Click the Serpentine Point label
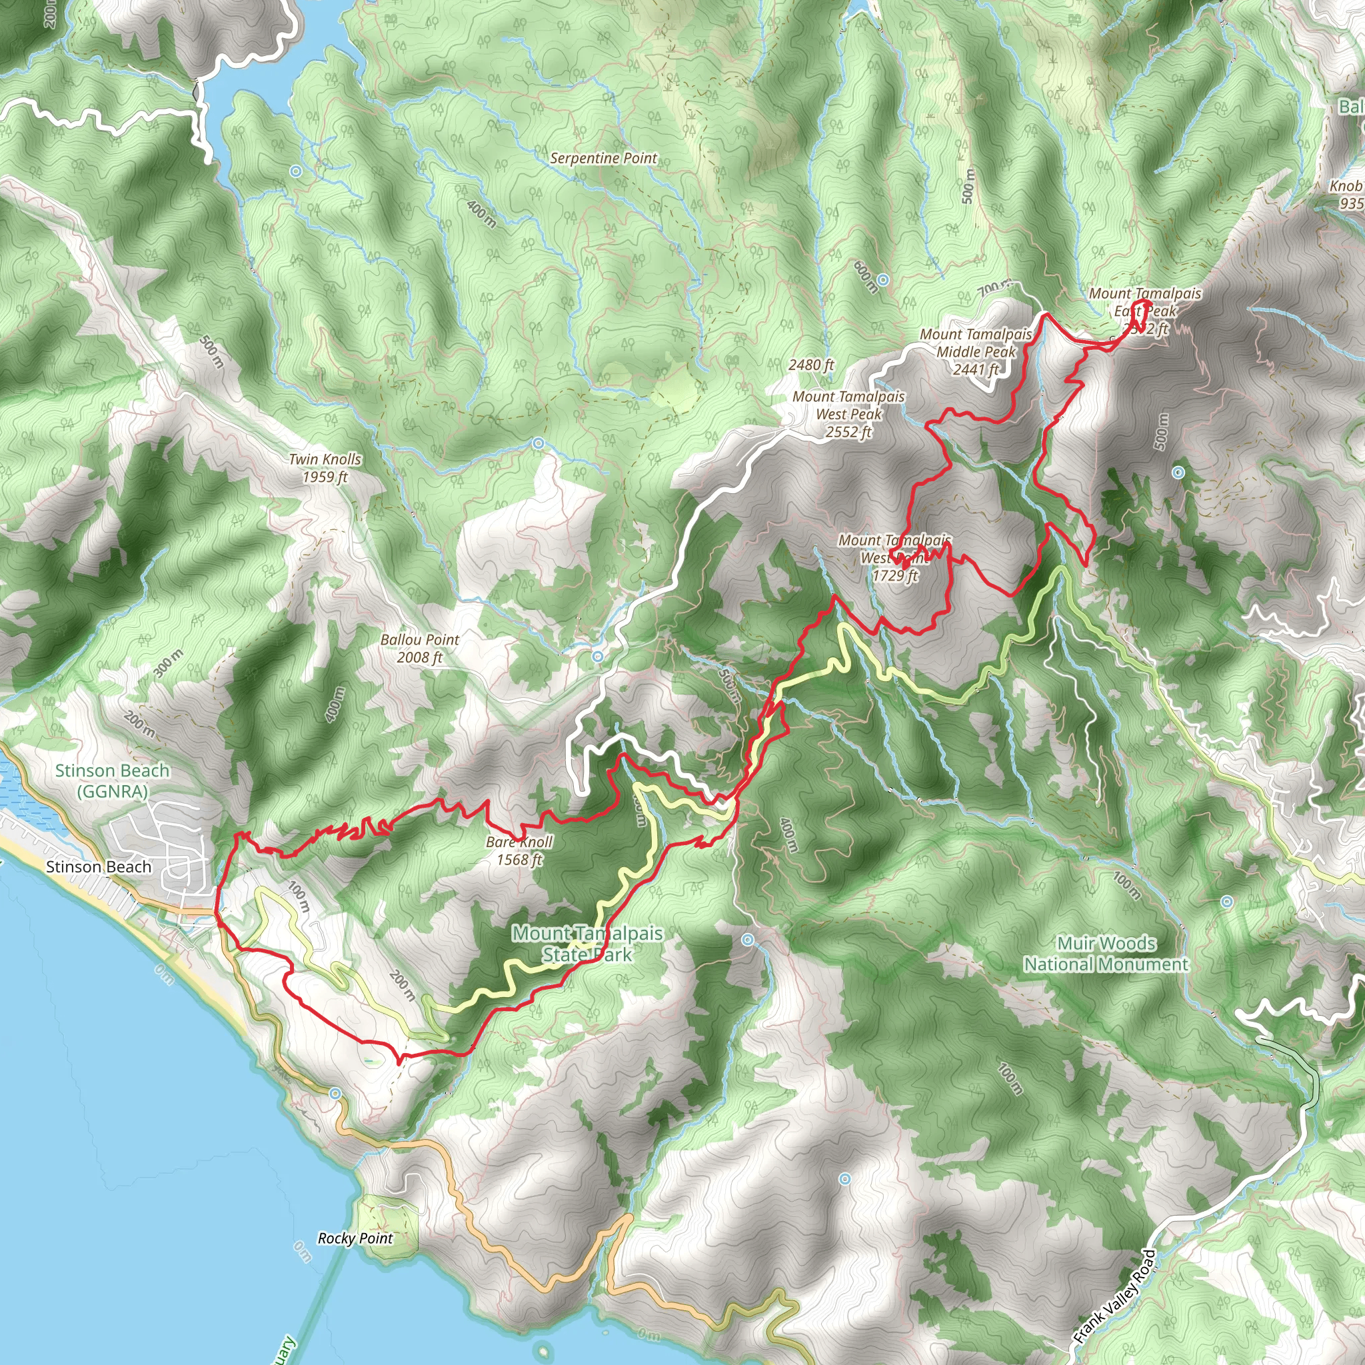pyautogui.click(x=603, y=158)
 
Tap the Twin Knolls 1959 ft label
pyautogui.click(x=325, y=468)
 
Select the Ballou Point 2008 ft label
pyautogui.click(x=420, y=648)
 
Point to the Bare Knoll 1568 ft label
pyautogui.click(x=519, y=850)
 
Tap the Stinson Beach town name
pyautogui.click(x=99, y=867)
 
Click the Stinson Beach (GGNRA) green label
pyautogui.click(x=113, y=780)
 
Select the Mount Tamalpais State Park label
pyautogui.click(x=587, y=943)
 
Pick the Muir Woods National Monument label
pyautogui.click(x=1106, y=953)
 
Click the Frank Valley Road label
pyautogui.click(x=1114, y=1296)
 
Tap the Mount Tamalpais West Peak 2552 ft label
pyautogui.click(x=848, y=414)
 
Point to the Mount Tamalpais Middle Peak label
pyautogui.click(x=976, y=351)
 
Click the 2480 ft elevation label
pyautogui.click(x=811, y=365)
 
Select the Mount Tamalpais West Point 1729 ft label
pyautogui.click(x=894, y=557)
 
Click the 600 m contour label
pyautogui.click(x=866, y=276)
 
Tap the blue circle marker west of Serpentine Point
pyautogui.click(x=296, y=171)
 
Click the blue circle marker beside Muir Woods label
pyautogui.click(x=1227, y=902)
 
